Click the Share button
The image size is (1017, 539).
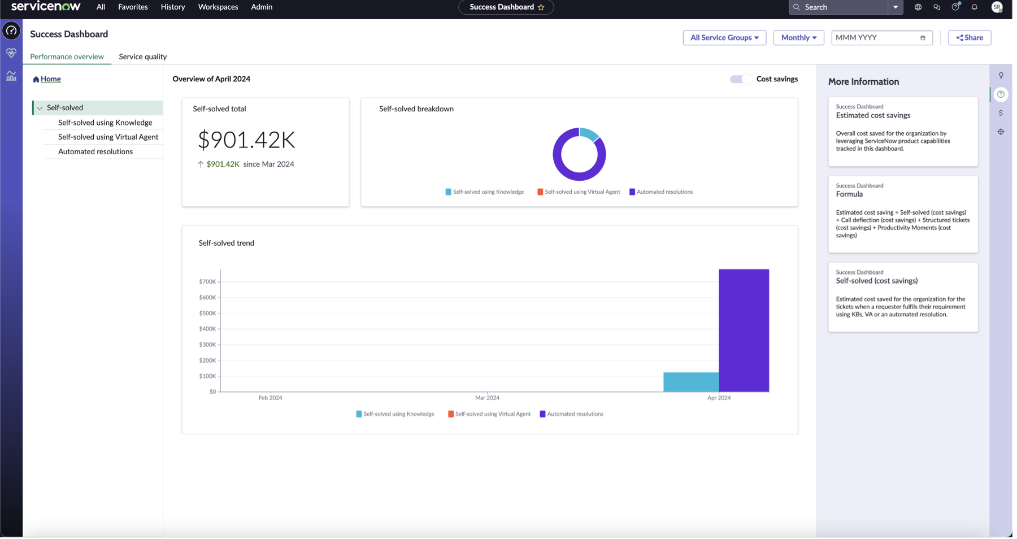pyautogui.click(x=969, y=38)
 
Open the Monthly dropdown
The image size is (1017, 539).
pyautogui.click(x=798, y=38)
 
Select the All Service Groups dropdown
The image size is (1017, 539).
pyautogui.click(x=724, y=38)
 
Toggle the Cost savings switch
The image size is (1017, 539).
pyautogui.click(x=741, y=79)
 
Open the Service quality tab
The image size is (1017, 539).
pyautogui.click(x=142, y=56)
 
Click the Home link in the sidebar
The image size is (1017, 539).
pyautogui.click(x=50, y=79)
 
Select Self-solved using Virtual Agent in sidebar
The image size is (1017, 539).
pyautogui.click(x=108, y=137)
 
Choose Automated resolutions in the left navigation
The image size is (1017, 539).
pyautogui.click(x=95, y=151)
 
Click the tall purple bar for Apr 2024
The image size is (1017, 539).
pyautogui.click(x=744, y=331)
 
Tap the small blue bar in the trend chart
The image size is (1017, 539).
pyautogui.click(x=691, y=382)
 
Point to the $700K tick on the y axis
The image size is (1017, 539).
pyautogui.click(x=207, y=281)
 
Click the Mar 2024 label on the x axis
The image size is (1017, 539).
pyautogui.click(x=487, y=398)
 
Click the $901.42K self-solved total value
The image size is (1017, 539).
pyautogui.click(x=246, y=140)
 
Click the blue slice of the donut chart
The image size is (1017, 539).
pyautogui.click(x=589, y=134)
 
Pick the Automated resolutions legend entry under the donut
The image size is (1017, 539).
pyautogui.click(x=660, y=192)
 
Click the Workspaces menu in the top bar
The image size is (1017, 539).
pyautogui.click(x=218, y=7)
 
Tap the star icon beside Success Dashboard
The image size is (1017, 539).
pyautogui.click(x=541, y=7)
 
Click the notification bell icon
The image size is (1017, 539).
pyautogui.click(x=974, y=7)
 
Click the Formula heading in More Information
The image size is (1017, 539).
pyautogui.click(x=849, y=194)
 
